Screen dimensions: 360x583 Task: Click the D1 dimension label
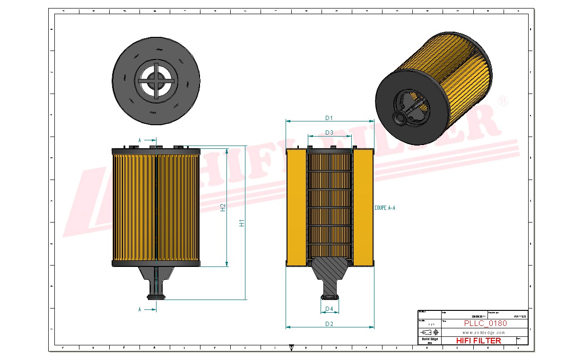pyautogui.click(x=329, y=118)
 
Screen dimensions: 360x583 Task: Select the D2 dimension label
pyautogui.click(x=329, y=324)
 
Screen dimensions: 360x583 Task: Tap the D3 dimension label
pyautogui.click(x=329, y=133)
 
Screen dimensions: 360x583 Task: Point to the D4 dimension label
pyautogui.click(x=329, y=309)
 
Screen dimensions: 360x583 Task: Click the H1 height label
pyautogui.click(x=242, y=223)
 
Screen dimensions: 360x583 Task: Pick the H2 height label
pyautogui.click(x=223, y=207)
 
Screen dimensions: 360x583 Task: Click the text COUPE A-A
pyautogui.click(x=384, y=207)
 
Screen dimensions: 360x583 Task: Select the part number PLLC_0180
pyautogui.click(x=485, y=324)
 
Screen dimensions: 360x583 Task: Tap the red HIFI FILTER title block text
pyautogui.click(x=479, y=341)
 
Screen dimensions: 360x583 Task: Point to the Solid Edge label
pyautogui.click(x=430, y=339)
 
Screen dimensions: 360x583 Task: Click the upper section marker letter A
pyautogui.click(x=139, y=140)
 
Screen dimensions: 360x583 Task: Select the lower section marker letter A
pyautogui.click(x=139, y=309)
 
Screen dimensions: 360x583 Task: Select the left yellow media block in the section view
pyautogui.click(x=296, y=207)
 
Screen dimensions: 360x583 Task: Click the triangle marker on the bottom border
pyautogui.click(x=291, y=347)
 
